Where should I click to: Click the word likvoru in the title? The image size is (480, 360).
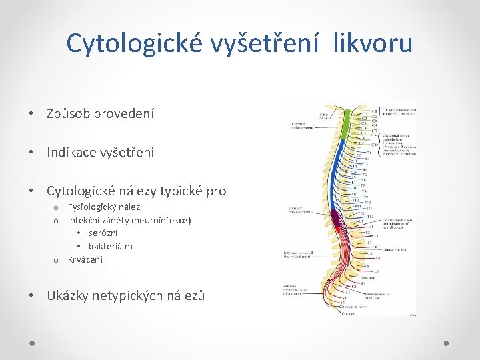click(379, 44)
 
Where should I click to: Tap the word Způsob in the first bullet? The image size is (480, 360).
click(69, 114)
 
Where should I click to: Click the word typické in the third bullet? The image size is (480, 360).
click(175, 191)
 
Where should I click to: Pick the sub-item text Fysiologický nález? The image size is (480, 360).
click(104, 207)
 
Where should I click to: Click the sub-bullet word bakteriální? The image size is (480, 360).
click(111, 246)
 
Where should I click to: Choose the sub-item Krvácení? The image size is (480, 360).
click(85, 259)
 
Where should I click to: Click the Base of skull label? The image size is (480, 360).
click(326, 115)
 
